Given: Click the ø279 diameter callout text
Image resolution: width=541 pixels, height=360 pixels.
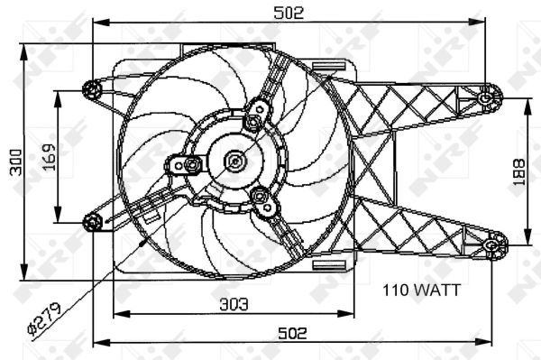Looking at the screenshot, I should (x=44, y=318).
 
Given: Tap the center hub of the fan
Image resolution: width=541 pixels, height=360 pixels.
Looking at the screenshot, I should (x=234, y=162).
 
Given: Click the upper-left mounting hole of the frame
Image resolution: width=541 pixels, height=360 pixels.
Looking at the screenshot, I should (x=91, y=89).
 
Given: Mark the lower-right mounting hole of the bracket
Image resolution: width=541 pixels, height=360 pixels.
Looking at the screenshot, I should (x=494, y=243).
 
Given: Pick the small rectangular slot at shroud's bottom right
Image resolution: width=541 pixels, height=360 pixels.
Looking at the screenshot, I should (x=332, y=263).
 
